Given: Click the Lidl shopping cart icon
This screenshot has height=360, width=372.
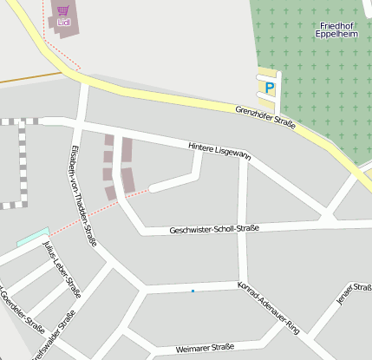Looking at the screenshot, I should (62, 10).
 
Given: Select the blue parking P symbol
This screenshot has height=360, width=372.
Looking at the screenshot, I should (269, 88).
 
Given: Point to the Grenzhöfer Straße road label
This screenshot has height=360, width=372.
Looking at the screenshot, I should (265, 117).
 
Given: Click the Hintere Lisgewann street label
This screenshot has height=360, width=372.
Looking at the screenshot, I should (219, 151).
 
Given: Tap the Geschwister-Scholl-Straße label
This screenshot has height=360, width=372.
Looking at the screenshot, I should (214, 229).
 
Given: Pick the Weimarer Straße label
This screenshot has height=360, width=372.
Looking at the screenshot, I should (205, 348).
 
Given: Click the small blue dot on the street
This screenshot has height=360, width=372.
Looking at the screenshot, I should (193, 291).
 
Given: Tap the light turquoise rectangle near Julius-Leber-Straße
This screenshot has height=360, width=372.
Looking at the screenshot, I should (32, 235).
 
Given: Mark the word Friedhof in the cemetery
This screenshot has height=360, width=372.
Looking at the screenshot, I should (336, 26).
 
